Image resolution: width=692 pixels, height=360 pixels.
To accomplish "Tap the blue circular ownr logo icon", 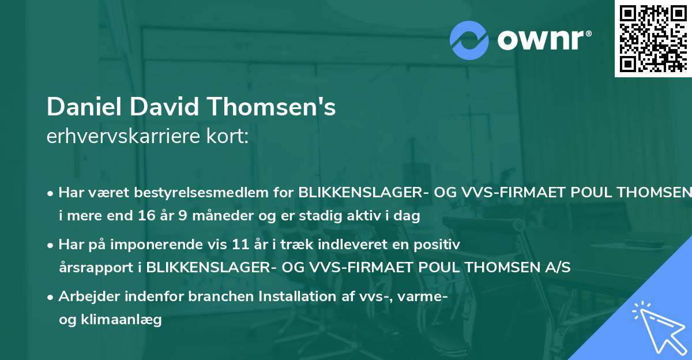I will (x=469, y=40).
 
